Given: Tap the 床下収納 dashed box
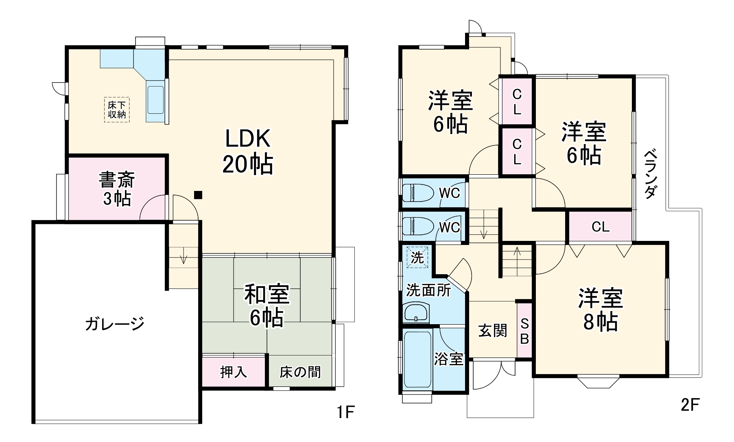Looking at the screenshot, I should [117, 110].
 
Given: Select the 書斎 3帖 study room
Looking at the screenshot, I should [117, 188].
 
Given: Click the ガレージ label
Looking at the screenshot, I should [115, 324].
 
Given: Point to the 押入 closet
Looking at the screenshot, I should [234, 372].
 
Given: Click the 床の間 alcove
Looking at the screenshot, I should [300, 372].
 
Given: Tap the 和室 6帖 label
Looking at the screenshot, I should [267, 305].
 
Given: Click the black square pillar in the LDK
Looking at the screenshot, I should [198, 195].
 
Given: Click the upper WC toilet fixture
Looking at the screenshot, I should [418, 193].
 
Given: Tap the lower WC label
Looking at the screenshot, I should [450, 227].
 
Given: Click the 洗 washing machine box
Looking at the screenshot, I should [417, 257].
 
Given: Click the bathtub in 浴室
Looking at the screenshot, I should [417, 359].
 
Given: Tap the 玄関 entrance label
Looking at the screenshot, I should [493, 331].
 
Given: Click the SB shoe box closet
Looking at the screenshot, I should [524, 331].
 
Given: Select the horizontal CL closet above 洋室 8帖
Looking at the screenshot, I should [600, 227].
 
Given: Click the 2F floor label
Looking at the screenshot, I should [689, 405].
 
